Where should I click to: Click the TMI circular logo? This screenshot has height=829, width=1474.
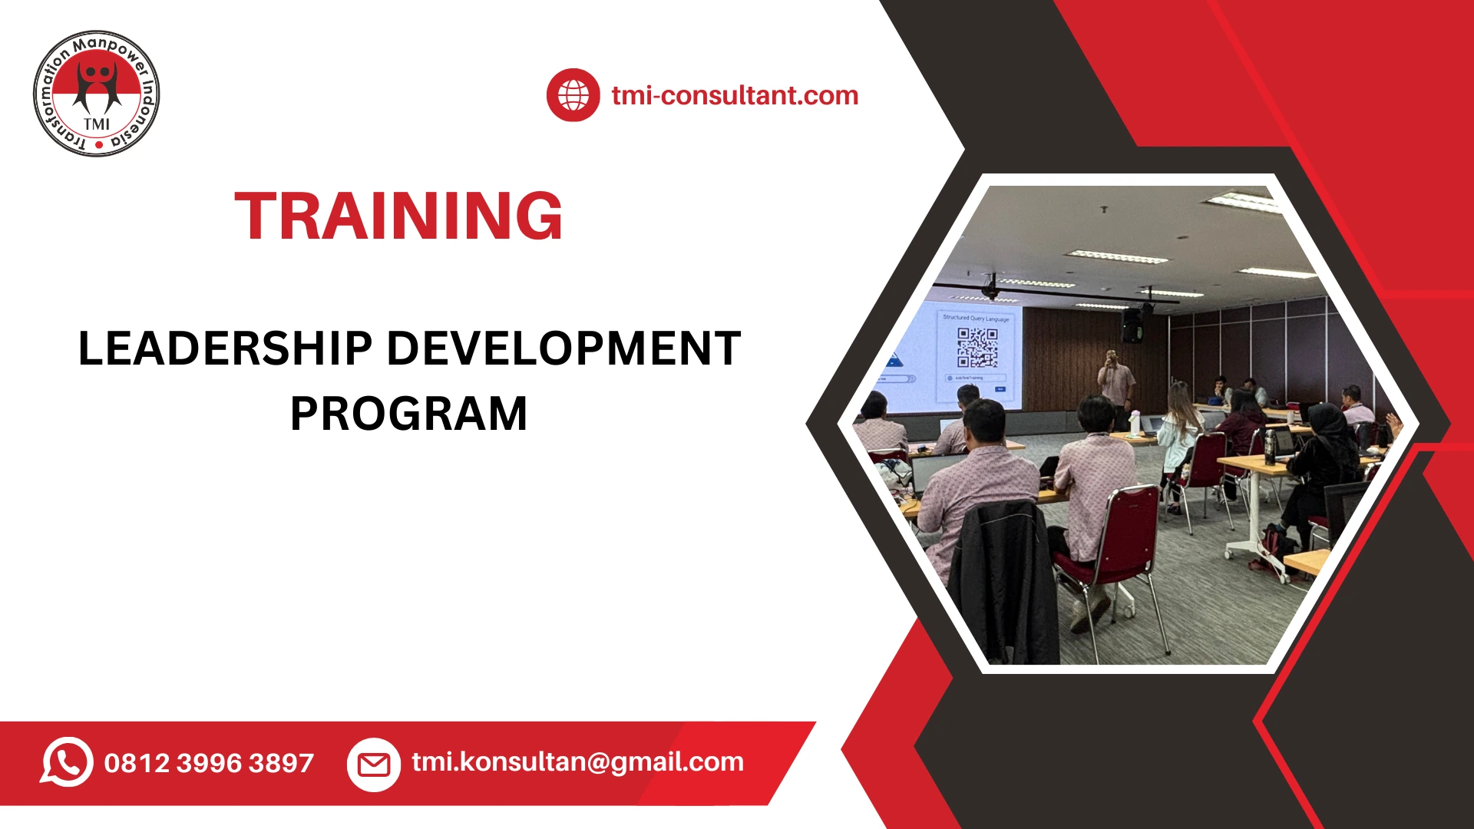pyautogui.click(x=97, y=94)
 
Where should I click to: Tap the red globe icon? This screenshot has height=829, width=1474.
pyautogui.click(x=573, y=95)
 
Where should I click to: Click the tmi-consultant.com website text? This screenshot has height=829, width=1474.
pyautogui.click(x=735, y=95)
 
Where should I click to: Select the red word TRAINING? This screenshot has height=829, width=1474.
pyautogui.click(x=398, y=216)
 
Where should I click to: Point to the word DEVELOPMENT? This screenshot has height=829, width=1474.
pyautogui.click(x=563, y=348)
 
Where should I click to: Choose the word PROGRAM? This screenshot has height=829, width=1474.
pyautogui.click(x=408, y=414)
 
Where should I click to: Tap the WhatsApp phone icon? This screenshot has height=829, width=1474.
pyautogui.click(x=67, y=761)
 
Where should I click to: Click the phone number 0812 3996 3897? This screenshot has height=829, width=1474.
pyautogui.click(x=209, y=763)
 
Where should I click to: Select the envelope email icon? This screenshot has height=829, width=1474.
pyautogui.click(x=374, y=765)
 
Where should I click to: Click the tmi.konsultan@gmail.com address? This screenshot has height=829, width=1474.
pyautogui.click(x=577, y=761)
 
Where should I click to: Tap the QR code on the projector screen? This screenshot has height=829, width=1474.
pyautogui.click(x=977, y=348)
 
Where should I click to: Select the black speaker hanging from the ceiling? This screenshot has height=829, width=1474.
pyautogui.click(x=1132, y=325)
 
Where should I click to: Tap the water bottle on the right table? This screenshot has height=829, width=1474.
pyautogui.click(x=1270, y=445)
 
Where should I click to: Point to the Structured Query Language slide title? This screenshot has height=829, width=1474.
pyautogui.click(x=976, y=318)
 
